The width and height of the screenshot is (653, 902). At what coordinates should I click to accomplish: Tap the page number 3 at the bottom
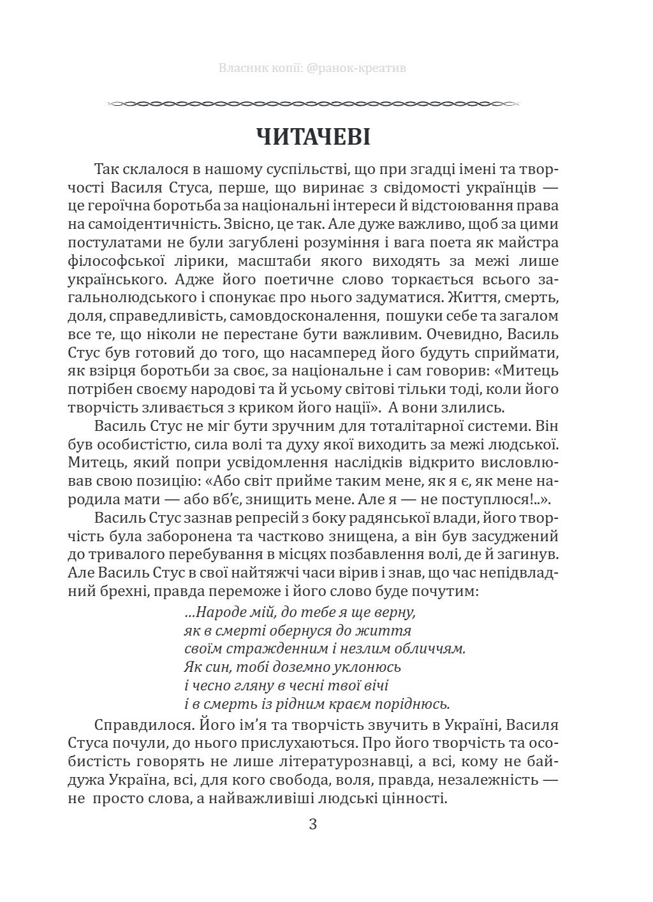[x=312, y=824]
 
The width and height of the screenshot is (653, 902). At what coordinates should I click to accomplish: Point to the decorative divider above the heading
[x=312, y=102]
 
